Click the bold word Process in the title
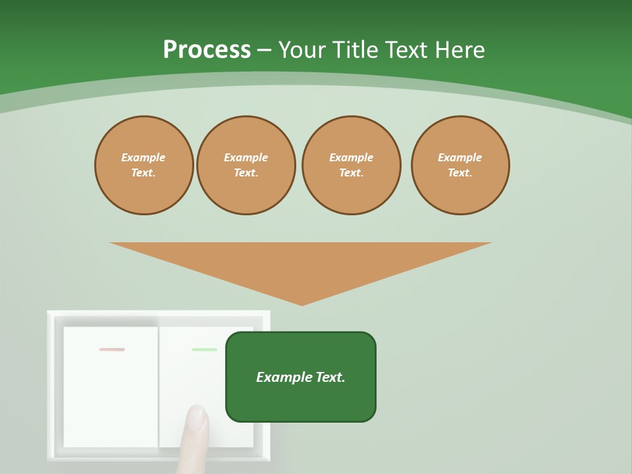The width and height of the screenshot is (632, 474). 207,50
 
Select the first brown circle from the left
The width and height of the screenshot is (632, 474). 144,165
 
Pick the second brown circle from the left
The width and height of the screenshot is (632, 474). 246,165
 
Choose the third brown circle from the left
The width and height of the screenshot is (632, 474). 352,165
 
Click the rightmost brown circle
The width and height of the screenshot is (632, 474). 460,165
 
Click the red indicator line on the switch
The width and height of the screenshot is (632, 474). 112,350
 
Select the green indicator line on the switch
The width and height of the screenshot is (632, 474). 204,350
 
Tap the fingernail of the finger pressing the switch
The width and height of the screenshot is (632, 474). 196,415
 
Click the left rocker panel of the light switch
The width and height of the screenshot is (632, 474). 111,388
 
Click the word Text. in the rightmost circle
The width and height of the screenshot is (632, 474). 460,173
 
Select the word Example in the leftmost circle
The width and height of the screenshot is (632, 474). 144,157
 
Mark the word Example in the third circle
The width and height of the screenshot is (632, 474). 352,157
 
